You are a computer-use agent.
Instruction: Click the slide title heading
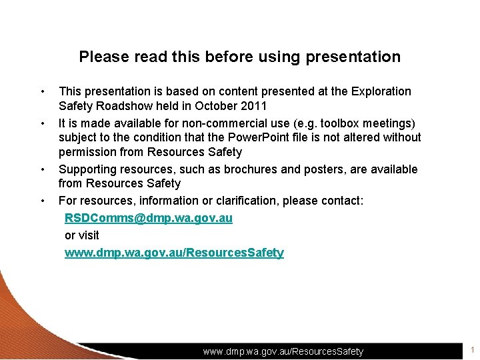pos(240,57)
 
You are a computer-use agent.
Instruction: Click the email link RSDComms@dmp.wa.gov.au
pos(148,218)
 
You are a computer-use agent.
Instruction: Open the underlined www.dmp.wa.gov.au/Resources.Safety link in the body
pos(174,253)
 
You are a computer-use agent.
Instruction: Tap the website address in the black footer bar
pos(283,351)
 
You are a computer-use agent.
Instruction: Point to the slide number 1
pos(472,350)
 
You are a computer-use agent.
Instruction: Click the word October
pos(217,106)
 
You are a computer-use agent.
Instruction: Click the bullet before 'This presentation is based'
pos(42,91)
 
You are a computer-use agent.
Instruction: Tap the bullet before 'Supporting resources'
pos(42,169)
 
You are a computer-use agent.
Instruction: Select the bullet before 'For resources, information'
pos(42,201)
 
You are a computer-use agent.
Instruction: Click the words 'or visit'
pos(81,235)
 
